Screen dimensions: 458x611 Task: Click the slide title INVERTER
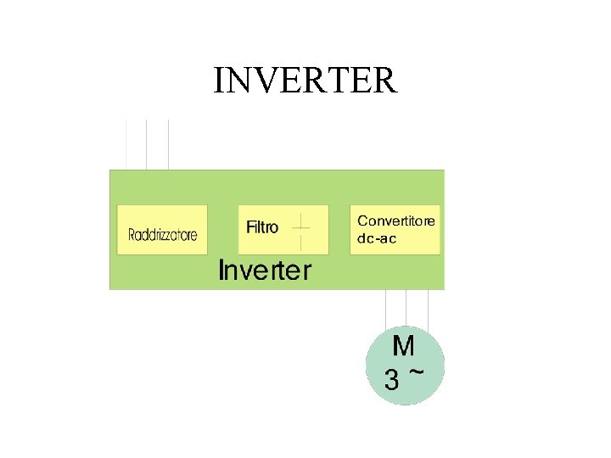305,81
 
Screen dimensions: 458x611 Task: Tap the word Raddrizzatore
162,235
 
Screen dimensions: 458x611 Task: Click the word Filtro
262,227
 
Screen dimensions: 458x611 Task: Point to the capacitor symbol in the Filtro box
301,227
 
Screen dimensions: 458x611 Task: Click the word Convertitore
396,221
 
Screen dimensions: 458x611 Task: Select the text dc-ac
377,238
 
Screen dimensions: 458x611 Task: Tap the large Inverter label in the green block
265,271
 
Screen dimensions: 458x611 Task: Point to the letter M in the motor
404,346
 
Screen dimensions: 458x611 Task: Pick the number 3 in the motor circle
391,380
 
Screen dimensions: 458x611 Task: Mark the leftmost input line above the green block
126,144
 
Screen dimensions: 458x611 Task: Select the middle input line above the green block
147,144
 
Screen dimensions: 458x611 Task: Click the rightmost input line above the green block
168,144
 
